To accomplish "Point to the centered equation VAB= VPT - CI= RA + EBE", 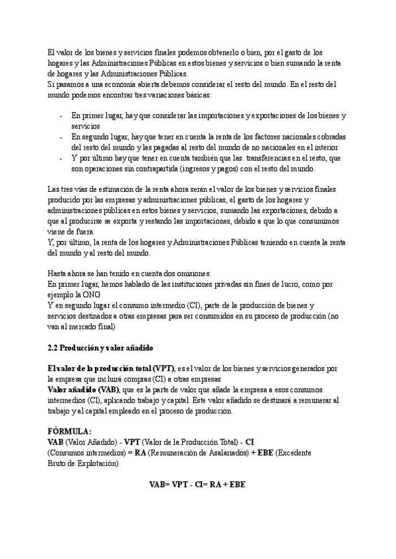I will [197, 483].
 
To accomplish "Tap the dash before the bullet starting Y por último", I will [61, 158].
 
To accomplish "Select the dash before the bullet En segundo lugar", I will [61, 137].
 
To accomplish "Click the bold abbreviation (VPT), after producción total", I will [162, 368].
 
